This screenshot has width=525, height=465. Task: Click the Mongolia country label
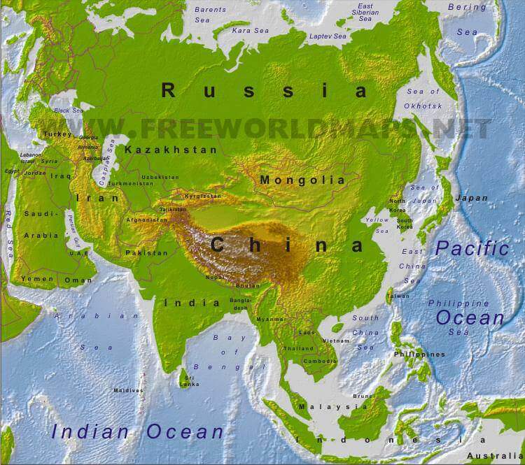click(x=302, y=180)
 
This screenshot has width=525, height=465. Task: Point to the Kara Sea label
click(x=250, y=31)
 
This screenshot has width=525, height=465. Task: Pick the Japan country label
click(x=471, y=198)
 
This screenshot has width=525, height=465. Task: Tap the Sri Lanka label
click(x=189, y=380)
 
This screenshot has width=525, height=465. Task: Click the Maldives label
click(x=128, y=390)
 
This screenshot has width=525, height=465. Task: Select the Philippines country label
click(x=419, y=355)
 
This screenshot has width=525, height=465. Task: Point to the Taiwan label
click(x=398, y=296)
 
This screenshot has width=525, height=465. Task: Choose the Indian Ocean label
click(x=136, y=431)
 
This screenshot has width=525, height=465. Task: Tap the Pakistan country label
click(x=146, y=252)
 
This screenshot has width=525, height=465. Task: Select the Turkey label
click(x=57, y=134)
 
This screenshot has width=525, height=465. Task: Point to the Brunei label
click(x=360, y=396)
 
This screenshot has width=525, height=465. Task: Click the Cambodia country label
click(x=318, y=361)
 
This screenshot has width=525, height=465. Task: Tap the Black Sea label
click(x=68, y=110)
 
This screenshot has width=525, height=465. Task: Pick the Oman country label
click(x=78, y=280)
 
